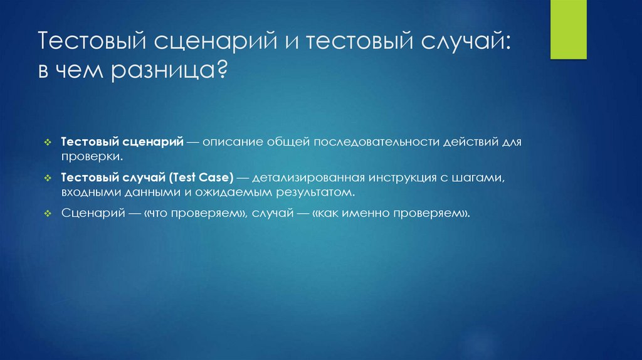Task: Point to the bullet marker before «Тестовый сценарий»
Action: [x=48, y=143]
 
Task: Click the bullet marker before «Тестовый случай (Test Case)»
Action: [x=48, y=179]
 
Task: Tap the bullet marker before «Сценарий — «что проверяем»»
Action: [x=48, y=214]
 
